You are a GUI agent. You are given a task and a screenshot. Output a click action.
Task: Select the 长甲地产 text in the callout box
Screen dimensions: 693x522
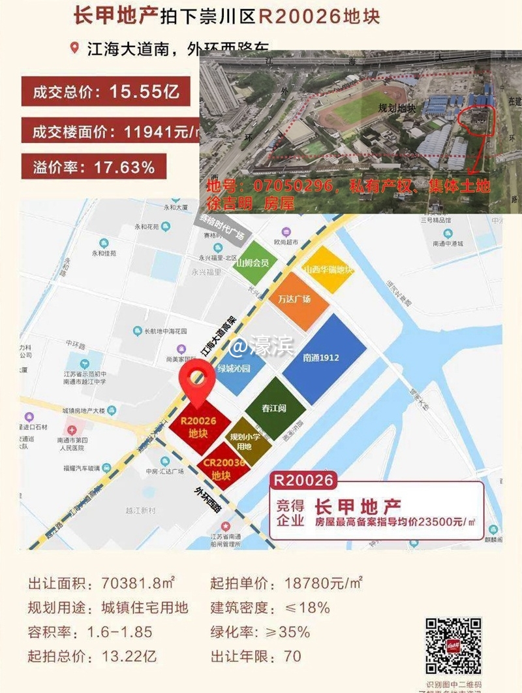[x=358, y=506]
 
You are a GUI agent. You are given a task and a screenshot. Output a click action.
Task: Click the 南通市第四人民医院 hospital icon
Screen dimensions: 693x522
[x=72, y=432]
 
